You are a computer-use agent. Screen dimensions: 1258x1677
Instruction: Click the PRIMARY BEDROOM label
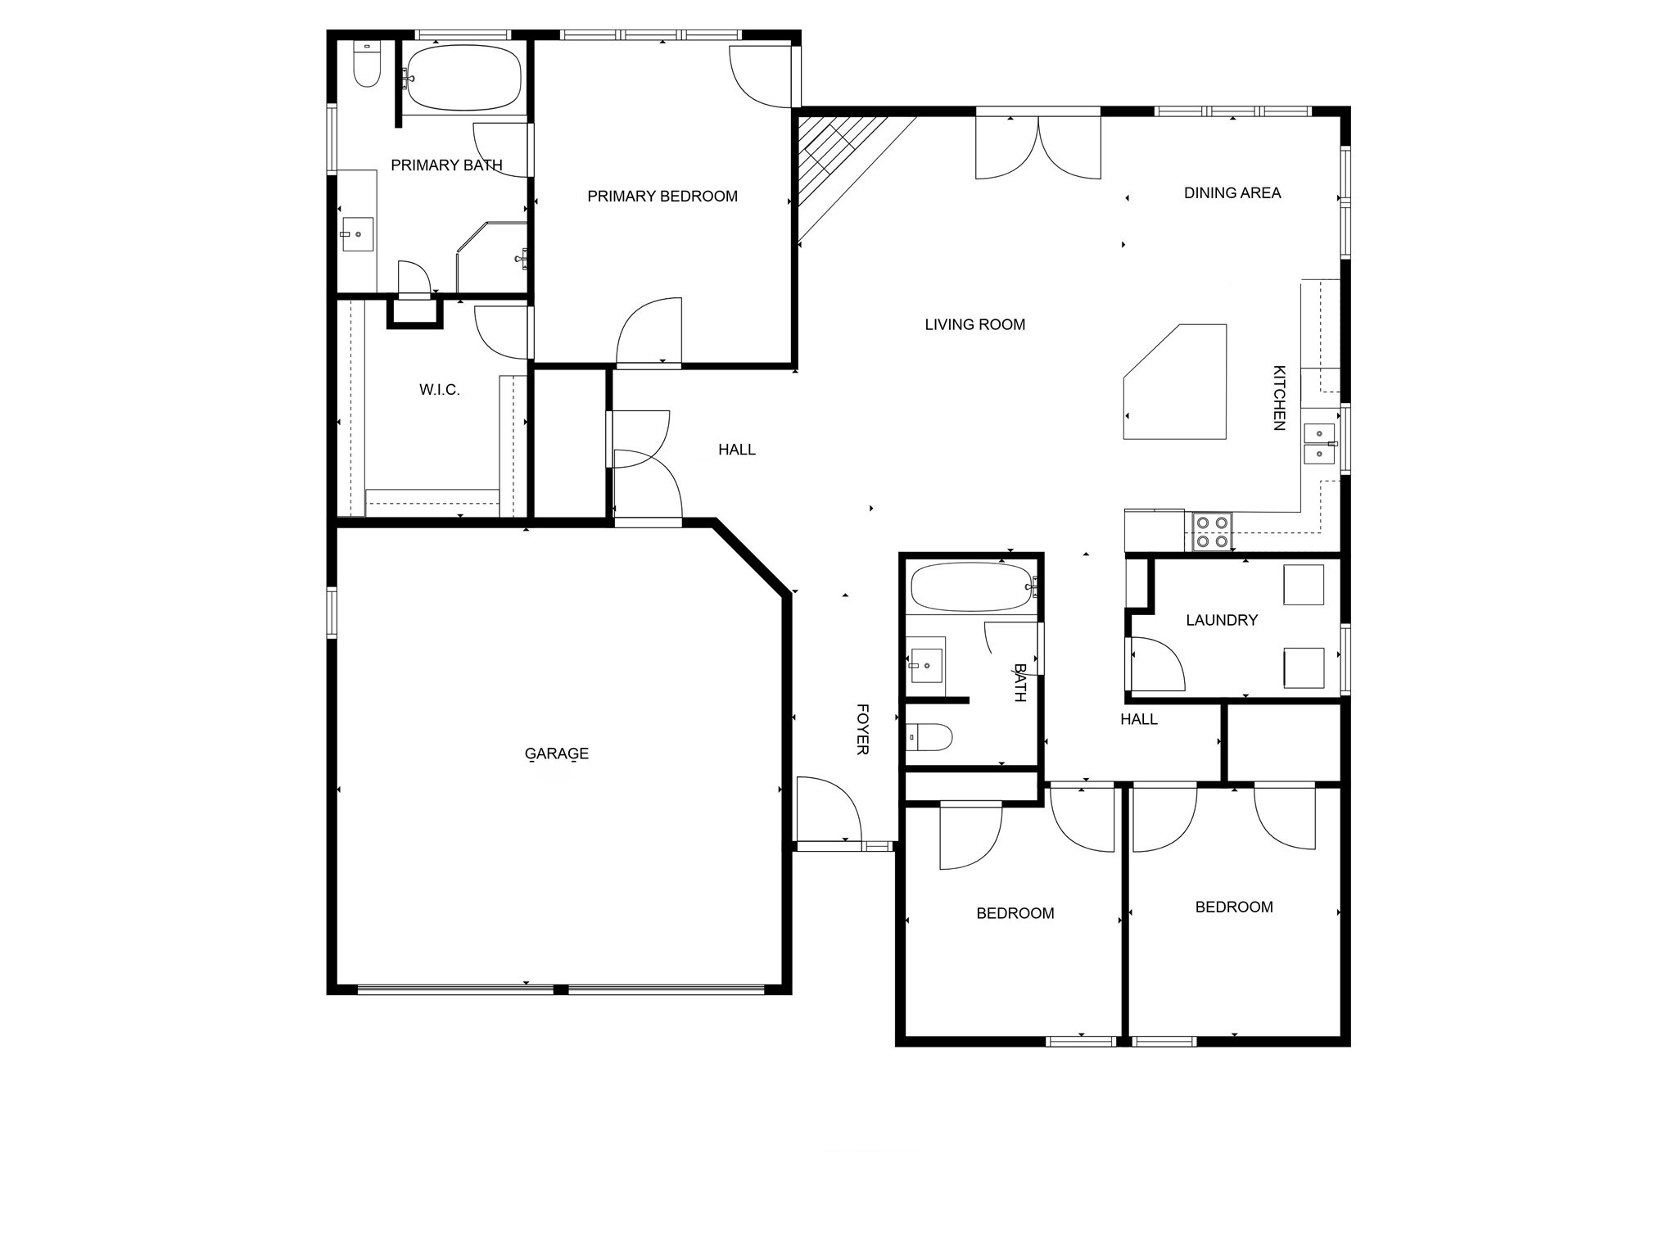pos(662,197)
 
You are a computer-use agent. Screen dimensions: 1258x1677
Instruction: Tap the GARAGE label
pos(557,753)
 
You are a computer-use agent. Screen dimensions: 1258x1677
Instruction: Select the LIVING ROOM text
pos(974,325)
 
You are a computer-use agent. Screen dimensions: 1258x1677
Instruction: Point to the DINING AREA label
pos(1232,193)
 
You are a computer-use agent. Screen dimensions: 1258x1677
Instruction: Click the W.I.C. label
pos(440,390)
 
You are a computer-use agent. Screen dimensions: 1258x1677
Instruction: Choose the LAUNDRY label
pos(1222,621)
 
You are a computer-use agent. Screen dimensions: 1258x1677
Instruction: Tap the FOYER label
pos(862,729)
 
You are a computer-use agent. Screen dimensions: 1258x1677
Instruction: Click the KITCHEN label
pos(1278,398)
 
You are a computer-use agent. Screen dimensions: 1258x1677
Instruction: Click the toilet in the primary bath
pos(367,66)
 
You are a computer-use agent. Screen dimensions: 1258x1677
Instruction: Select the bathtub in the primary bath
pos(464,78)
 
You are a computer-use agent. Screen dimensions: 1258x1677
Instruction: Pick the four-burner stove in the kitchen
pos(1213,531)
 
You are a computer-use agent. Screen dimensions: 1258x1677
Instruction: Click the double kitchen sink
pos(1319,443)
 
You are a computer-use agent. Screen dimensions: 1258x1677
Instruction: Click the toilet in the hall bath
pos(930,737)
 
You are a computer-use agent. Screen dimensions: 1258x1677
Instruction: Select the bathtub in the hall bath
pos(971,586)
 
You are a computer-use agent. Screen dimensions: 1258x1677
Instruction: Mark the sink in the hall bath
pos(926,660)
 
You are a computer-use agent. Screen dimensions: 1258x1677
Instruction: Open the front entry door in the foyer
pos(828,811)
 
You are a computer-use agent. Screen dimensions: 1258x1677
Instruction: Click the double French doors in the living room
pos(1038,147)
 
